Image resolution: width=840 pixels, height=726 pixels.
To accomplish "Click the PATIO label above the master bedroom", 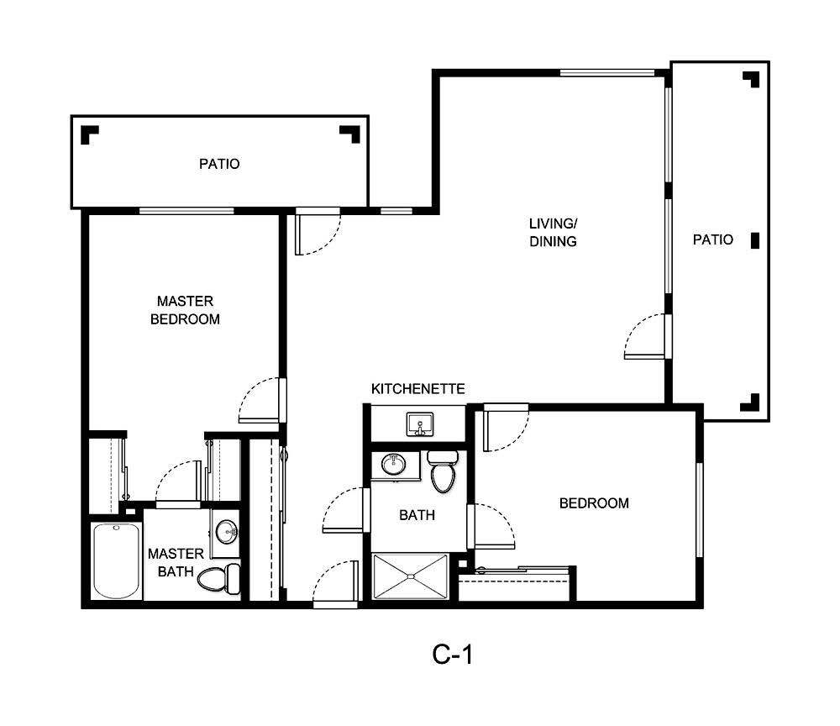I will pos(218,164).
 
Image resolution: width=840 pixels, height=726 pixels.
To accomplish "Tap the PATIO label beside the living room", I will pos(712,239).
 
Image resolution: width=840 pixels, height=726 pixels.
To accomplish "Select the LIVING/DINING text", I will pos(552,233).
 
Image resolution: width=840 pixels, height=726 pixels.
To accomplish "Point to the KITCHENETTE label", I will pos(417,389).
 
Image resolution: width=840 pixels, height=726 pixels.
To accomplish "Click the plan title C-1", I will pos(453,655).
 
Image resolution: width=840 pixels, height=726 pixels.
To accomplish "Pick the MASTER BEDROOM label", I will pos(185,310).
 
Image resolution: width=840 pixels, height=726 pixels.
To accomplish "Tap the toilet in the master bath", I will pos(220,578).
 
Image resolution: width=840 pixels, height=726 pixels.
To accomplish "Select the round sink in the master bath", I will pos(226,531).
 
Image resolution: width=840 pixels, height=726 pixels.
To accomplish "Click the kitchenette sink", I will pos(418,424).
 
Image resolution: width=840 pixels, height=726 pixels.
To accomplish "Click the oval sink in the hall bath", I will pos(392,465).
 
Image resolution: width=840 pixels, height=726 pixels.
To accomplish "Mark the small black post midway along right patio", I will pos(754,240).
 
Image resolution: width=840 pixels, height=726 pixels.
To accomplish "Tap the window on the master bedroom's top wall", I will pos(186,211).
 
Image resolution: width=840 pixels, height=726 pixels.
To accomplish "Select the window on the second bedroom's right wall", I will pos(698,509).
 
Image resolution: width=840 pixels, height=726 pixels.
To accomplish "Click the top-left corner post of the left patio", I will pos(89,134).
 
